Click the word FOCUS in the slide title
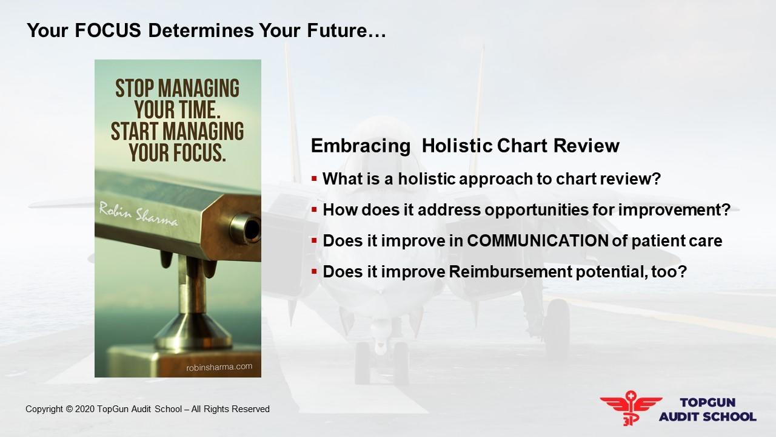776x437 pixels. point(108,30)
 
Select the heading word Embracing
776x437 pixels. point(361,146)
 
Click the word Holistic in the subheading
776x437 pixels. point(457,145)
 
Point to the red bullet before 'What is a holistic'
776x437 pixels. point(314,179)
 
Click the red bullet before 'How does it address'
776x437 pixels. point(314,210)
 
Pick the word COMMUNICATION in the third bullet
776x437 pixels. point(538,241)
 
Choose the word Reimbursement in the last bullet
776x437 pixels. point(510,271)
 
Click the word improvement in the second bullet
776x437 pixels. point(671,210)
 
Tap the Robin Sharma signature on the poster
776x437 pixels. point(139,214)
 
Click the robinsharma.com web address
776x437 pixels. point(219,367)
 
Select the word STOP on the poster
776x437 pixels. point(135,89)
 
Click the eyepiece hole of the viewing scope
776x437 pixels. point(252,229)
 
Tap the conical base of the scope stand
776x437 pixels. point(193,330)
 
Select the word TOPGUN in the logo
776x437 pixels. point(707,402)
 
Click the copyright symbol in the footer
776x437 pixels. point(69,409)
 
